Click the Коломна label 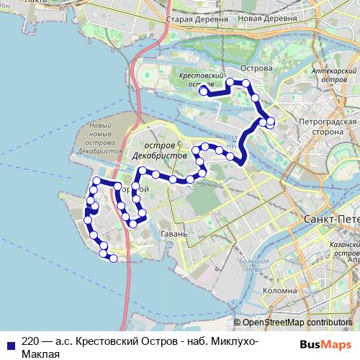click(x=276, y=291)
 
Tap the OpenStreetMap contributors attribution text click(x=297, y=323)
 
